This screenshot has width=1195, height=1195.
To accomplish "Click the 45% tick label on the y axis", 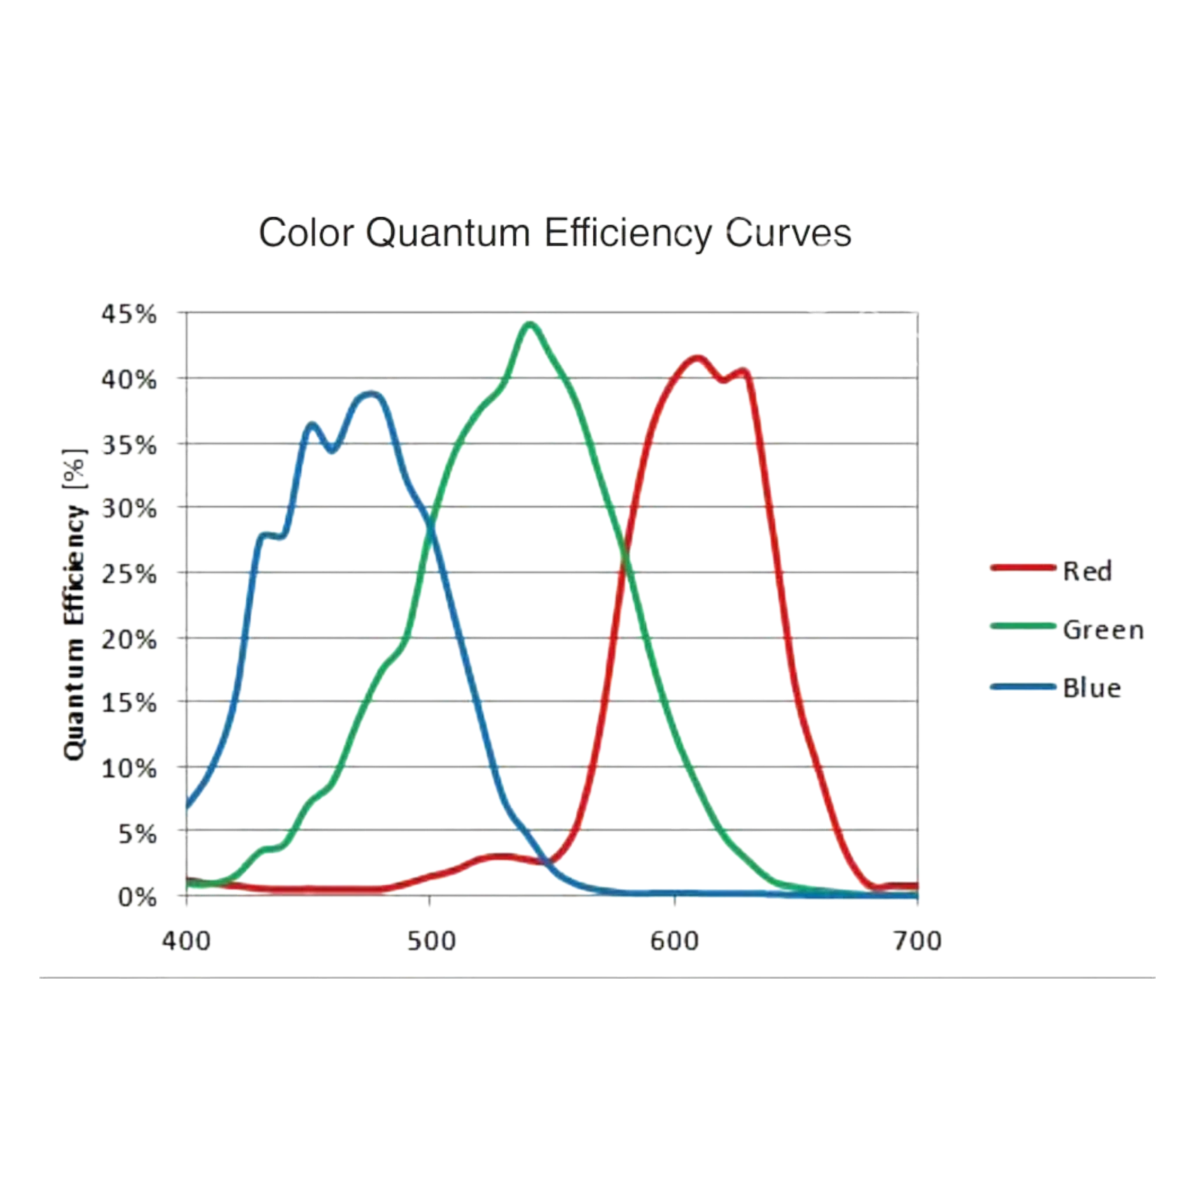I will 128,315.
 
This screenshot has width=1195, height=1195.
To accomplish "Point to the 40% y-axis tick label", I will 128,380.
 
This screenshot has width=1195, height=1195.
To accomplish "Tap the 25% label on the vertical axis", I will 128,574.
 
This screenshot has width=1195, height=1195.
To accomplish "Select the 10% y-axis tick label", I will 128,769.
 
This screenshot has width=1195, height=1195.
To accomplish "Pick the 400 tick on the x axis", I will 186,941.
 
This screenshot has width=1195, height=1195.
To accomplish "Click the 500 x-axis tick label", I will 431,941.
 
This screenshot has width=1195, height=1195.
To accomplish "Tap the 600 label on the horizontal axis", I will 674,941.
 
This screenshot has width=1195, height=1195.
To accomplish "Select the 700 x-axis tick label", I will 917,941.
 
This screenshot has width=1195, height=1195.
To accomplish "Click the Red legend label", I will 1088,571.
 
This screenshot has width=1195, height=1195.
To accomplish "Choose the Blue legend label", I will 1092,688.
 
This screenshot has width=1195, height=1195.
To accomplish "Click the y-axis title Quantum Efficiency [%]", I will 75,604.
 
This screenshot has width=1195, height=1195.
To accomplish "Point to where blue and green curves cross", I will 430,525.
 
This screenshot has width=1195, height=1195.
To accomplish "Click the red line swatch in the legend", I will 1021,568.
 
